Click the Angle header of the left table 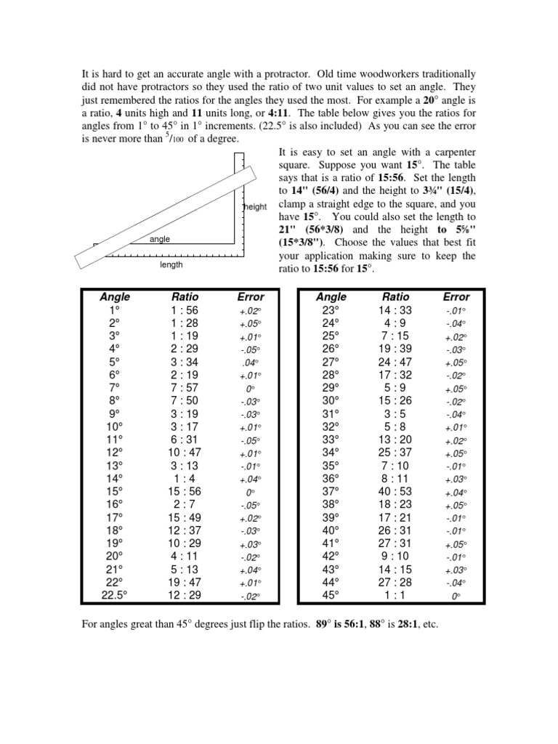click(116, 296)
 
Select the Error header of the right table click(456, 296)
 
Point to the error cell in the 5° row click(250, 362)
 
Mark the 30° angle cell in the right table click(331, 400)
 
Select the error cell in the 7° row click(250, 388)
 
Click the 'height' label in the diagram click(255, 207)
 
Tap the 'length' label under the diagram click(171, 265)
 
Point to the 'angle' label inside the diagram click(159, 238)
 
